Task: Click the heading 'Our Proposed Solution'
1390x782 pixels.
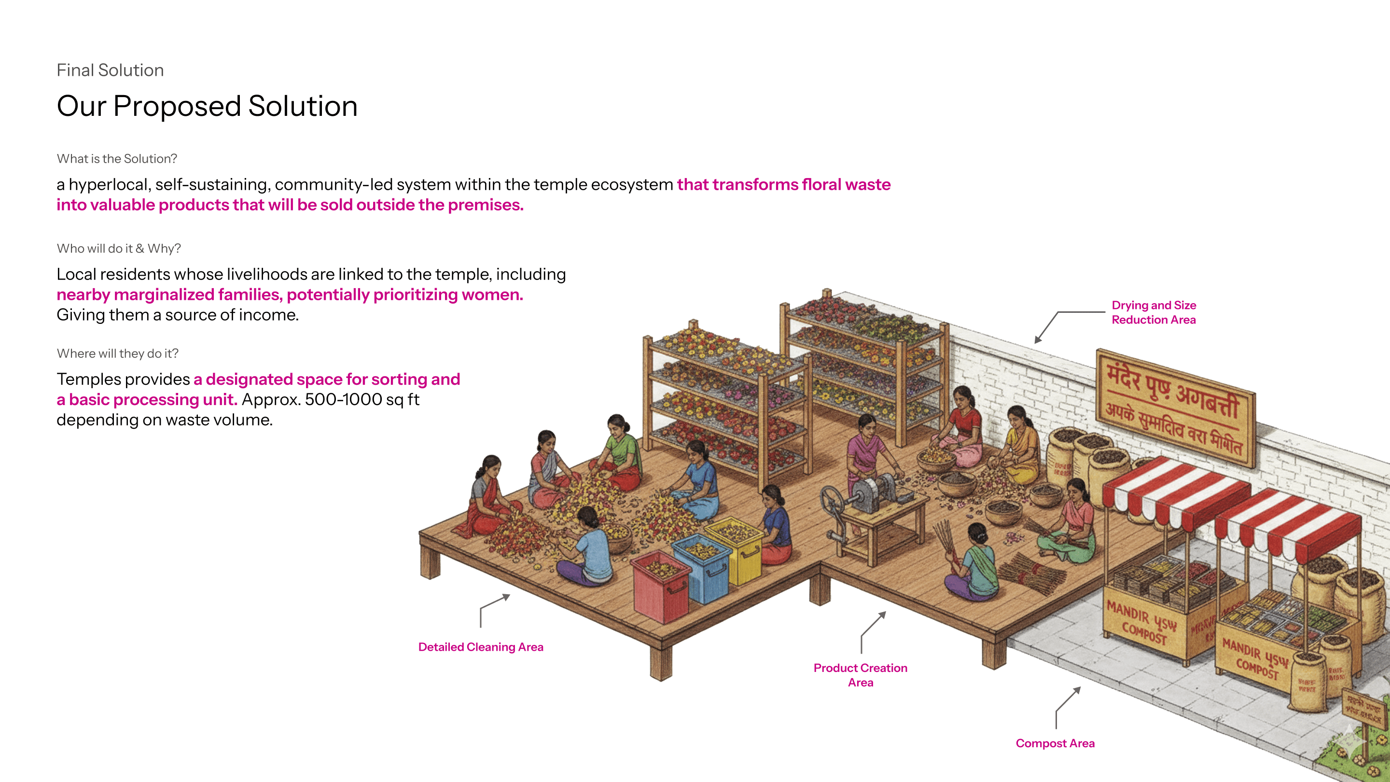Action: pos(207,106)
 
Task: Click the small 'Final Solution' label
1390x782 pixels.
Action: pos(110,70)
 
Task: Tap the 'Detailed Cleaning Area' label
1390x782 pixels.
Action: pos(480,646)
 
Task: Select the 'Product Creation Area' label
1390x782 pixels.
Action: pos(860,675)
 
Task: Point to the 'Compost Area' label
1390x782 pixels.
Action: pos(1055,743)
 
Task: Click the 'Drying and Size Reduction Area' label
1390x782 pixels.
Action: pos(1153,312)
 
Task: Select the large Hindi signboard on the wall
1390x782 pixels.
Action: pos(1175,407)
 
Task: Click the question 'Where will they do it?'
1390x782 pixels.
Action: pos(117,353)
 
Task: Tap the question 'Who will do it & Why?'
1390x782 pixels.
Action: pos(119,248)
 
